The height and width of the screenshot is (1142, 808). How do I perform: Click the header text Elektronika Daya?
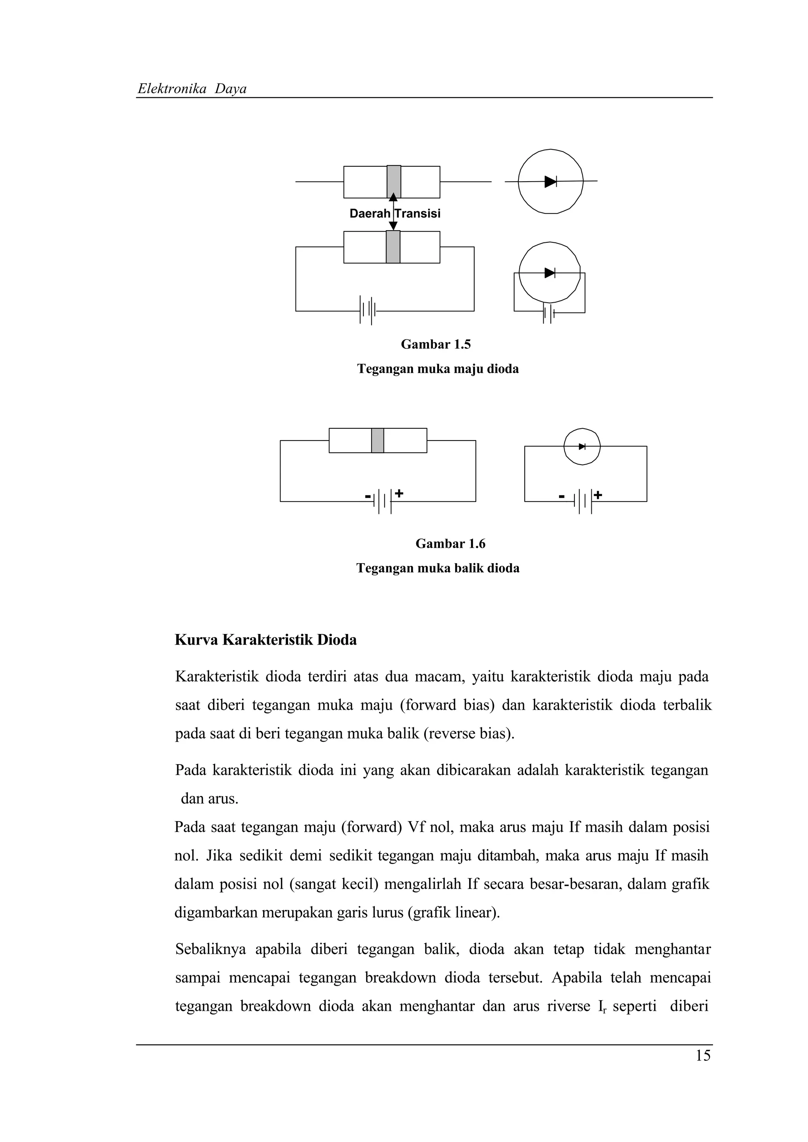pos(192,89)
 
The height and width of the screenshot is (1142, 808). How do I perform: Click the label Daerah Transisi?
pos(395,213)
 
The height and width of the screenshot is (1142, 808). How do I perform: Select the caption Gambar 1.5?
pos(436,344)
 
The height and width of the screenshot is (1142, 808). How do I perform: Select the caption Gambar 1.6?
pos(450,544)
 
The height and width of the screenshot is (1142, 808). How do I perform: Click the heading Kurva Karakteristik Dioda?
pos(266,640)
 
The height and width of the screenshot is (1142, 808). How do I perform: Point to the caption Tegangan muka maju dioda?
pos(438,369)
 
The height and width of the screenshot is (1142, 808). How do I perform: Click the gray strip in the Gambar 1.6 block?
pos(377,440)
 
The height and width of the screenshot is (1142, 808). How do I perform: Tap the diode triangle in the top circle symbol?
pos(550,182)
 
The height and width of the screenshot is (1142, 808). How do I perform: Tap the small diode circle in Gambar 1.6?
pos(582,446)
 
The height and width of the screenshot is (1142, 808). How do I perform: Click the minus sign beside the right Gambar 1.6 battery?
pos(561,497)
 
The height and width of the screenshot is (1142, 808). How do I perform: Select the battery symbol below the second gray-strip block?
pos(367,311)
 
